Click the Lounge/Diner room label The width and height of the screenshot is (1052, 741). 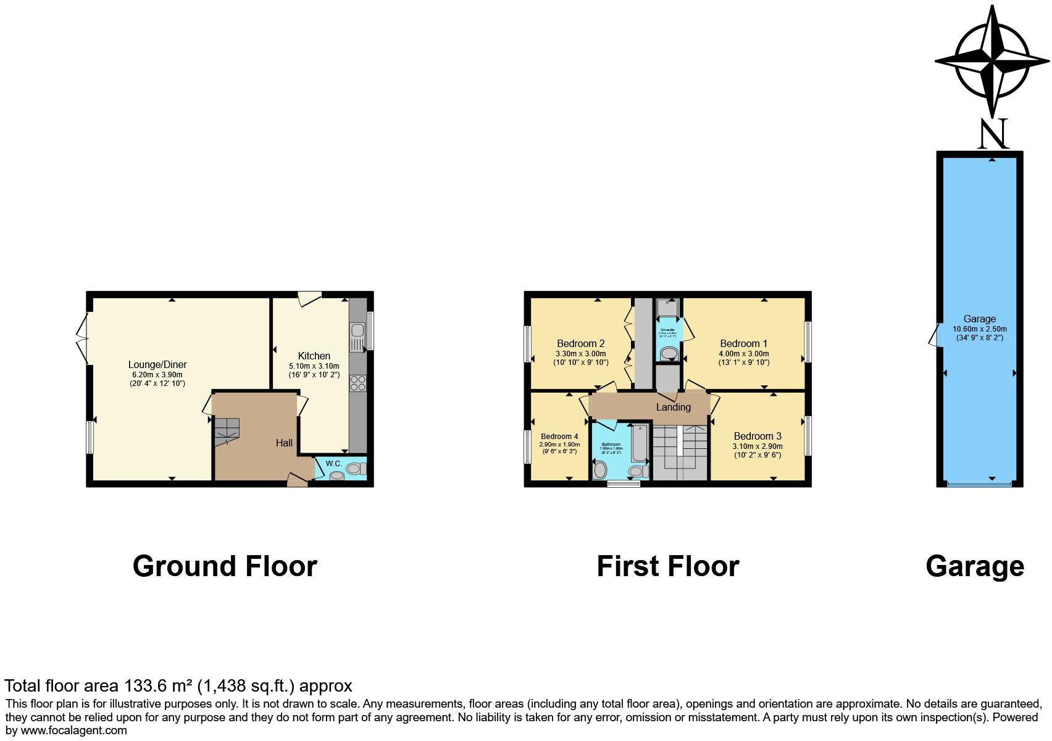[x=157, y=365]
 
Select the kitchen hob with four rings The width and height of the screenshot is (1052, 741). [x=357, y=383]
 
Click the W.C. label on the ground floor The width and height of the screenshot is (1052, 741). [x=334, y=463]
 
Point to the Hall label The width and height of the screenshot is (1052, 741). [x=284, y=443]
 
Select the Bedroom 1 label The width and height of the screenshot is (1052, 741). [x=743, y=344]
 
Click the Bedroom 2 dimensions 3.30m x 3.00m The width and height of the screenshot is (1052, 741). [x=580, y=354]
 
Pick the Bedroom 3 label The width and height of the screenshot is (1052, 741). [x=758, y=436]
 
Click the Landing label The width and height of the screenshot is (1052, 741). [x=673, y=407]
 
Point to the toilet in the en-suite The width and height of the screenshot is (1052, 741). [x=668, y=354]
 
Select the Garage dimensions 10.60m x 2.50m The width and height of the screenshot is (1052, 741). [x=979, y=329]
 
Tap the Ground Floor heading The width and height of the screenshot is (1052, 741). [x=225, y=566]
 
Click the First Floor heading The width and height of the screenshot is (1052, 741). [x=667, y=566]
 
